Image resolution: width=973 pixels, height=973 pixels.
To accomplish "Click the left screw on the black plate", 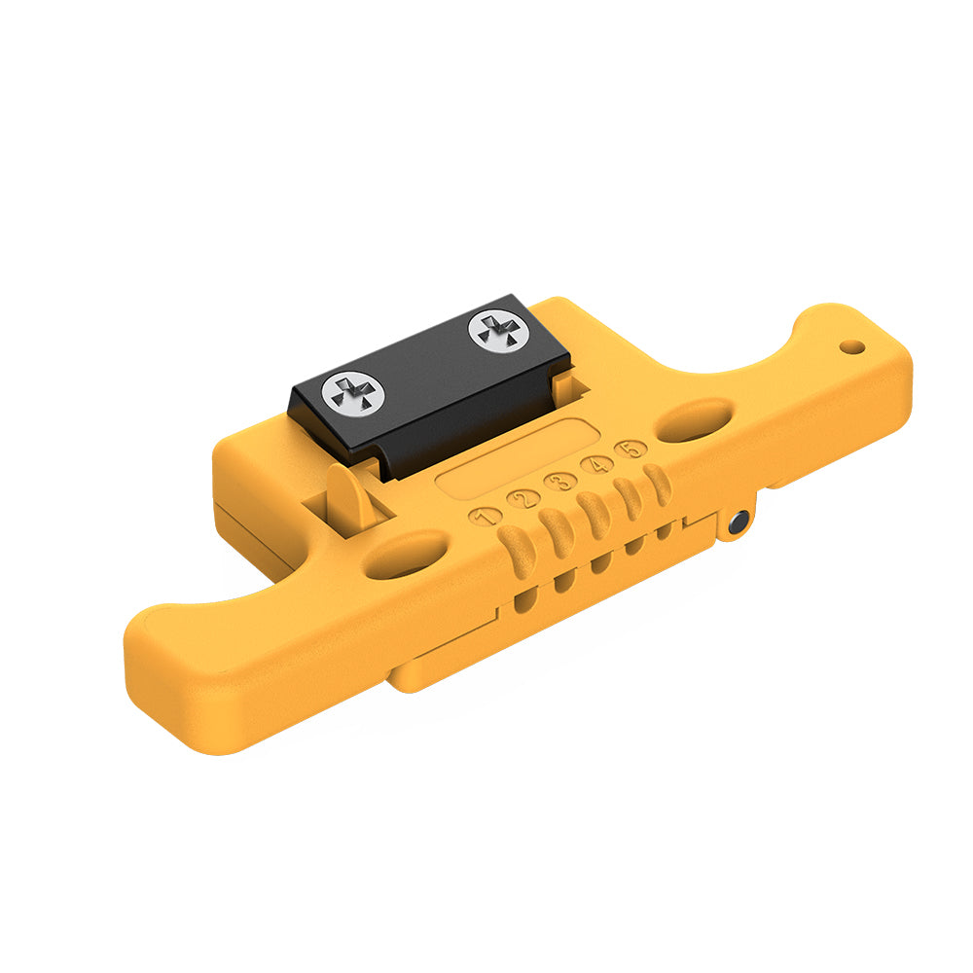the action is (x=353, y=394).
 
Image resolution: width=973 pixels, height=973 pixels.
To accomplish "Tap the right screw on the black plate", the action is (x=499, y=331).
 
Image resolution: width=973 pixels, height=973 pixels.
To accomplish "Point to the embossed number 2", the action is (x=523, y=498).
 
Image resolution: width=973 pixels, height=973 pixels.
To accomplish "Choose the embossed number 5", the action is (x=631, y=449).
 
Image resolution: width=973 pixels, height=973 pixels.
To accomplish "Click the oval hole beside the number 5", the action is (x=694, y=420).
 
